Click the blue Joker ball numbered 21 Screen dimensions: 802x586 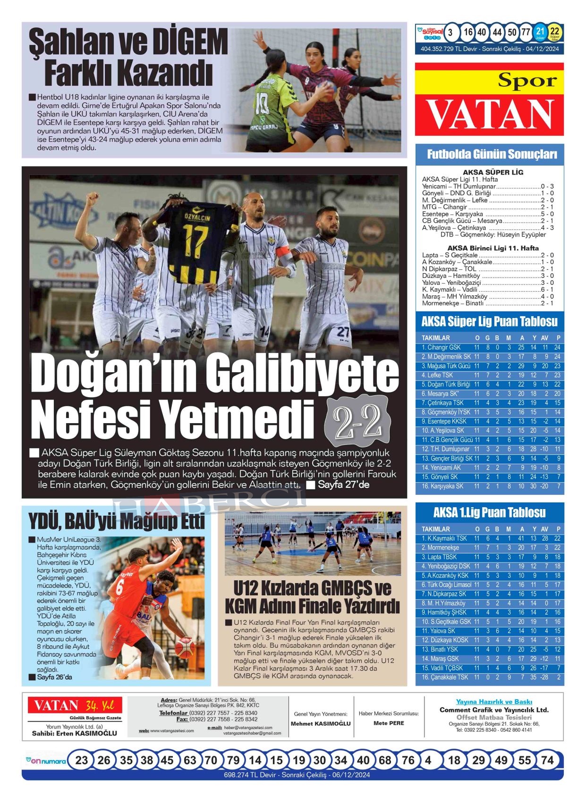click(x=540, y=33)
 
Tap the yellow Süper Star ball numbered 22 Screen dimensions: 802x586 click(x=555, y=33)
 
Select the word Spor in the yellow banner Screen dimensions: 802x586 click(x=527, y=81)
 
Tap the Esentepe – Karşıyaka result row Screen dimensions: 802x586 click(x=488, y=214)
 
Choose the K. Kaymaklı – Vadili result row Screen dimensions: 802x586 click(x=488, y=289)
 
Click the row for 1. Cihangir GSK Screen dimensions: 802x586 click(x=490, y=347)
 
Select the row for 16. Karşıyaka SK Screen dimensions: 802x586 click(x=490, y=486)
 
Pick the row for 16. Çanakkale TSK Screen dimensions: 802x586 click(x=490, y=677)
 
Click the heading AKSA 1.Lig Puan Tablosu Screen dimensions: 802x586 click(x=489, y=512)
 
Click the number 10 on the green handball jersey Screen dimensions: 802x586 click(x=262, y=101)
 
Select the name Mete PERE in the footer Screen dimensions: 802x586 click(x=389, y=723)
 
